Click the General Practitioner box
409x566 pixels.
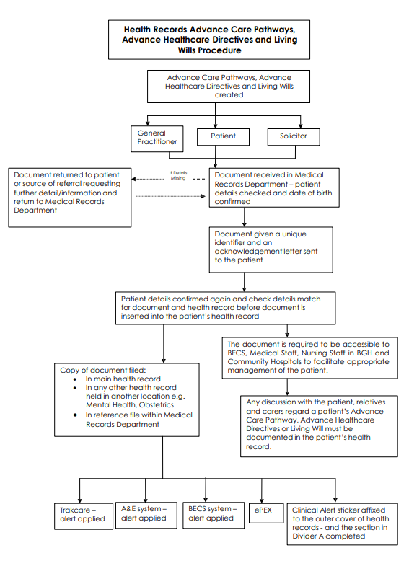pyautogui.click(x=157, y=138)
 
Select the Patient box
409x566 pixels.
pyautogui.click(x=223, y=137)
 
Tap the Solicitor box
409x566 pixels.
pyautogui.click(x=294, y=137)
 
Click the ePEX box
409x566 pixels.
pyautogui.click(x=266, y=513)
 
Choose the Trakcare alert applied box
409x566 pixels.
pyautogui.click(x=84, y=516)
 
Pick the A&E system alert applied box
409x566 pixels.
pyautogui.click(x=146, y=515)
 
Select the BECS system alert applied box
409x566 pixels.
pyautogui.click(x=214, y=515)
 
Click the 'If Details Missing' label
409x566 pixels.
pyautogui.click(x=178, y=175)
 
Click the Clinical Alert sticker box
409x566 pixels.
pyautogui.click(x=342, y=523)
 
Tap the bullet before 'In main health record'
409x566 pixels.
pyautogui.click(x=75, y=379)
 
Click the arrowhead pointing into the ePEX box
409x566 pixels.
pyautogui.click(x=262, y=500)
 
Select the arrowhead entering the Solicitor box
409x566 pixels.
pyautogui.click(x=301, y=126)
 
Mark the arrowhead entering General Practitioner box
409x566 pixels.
pyautogui.click(x=147, y=123)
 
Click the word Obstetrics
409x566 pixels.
pyautogui.click(x=157, y=405)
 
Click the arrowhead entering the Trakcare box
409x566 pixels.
pyautogui.click(x=80, y=501)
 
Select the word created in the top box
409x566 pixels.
pyautogui.click(x=229, y=95)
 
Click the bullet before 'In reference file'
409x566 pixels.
pyautogui.click(x=75, y=415)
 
